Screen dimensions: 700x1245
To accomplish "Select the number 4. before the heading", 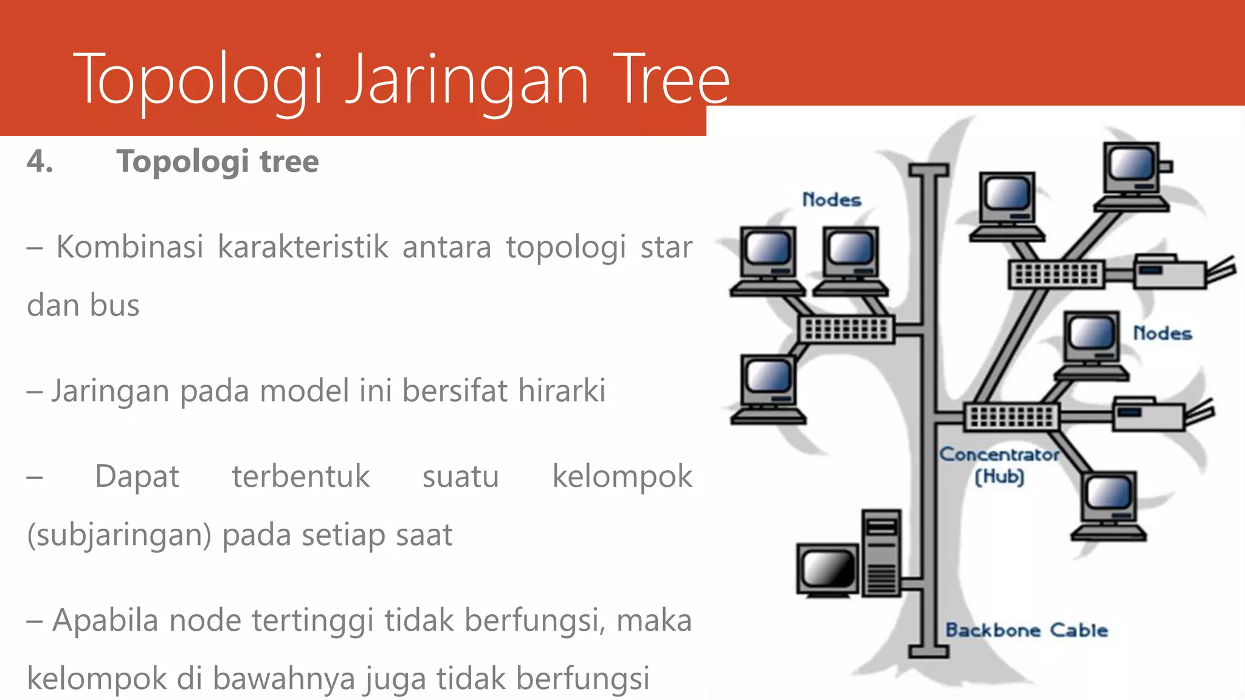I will point(40,162).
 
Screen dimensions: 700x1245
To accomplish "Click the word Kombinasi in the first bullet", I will point(129,247).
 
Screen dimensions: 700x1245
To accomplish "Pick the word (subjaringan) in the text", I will point(119,535).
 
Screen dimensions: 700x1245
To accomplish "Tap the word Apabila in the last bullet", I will point(105,620).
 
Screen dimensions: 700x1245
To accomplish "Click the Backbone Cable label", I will point(1026,630).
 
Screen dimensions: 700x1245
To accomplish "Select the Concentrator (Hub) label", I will point(999,465).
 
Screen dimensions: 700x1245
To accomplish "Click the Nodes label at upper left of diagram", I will point(832,199).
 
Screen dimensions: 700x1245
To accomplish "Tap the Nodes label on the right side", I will point(1162,333).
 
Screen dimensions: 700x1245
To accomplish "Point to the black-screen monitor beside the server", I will point(827,570).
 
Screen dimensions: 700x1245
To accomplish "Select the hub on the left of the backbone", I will point(846,329).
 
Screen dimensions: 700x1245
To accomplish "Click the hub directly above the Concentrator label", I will point(1012,417).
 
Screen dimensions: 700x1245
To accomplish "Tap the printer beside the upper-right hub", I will point(1170,272).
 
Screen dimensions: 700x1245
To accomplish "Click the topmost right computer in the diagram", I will point(1133,176).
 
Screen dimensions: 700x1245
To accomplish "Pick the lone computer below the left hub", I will point(768,389).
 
